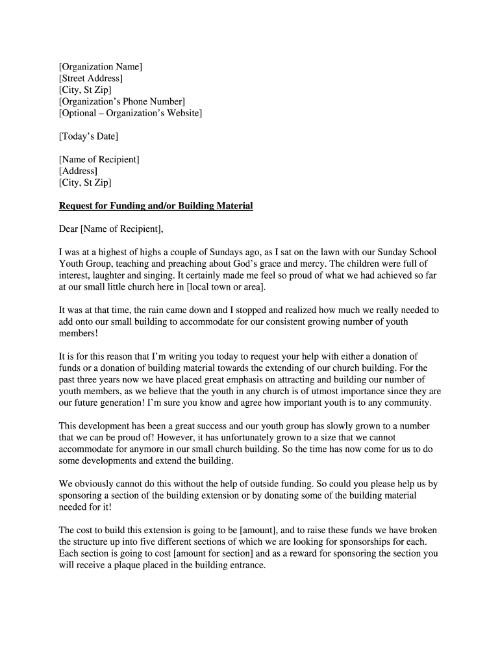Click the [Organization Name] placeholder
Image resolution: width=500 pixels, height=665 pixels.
[101, 67]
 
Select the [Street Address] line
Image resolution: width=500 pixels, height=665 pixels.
[90, 79]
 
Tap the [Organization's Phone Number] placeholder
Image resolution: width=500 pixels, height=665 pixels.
[121, 101]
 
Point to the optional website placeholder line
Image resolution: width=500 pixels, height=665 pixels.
[130, 113]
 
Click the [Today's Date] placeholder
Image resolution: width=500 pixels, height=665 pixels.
[88, 136]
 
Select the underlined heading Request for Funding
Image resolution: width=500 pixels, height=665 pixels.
[156, 206]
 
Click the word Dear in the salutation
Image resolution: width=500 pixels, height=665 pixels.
[68, 229]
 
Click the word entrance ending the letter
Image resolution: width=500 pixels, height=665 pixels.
[246, 565]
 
